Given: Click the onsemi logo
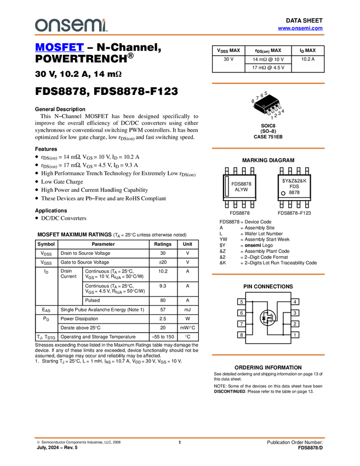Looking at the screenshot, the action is pyautogui.click(x=71, y=25).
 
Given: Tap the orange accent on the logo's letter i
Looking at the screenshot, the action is pyautogui.click(x=104, y=19).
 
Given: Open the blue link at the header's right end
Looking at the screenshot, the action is pyautogui.click(x=300, y=29).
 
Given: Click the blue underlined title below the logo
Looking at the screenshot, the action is pyautogui.click(x=59, y=48).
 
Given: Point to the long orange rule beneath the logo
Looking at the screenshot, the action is pyautogui.click(x=180, y=35).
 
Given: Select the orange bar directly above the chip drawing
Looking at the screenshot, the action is pyautogui.click(x=268, y=83).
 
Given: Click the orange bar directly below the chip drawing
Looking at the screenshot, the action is pyautogui.click(x=268, y=148).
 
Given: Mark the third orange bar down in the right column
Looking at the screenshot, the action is pyautogui.click(x=268, y=274).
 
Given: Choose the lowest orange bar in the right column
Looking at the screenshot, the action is pyautogui.click(x=268, y=355).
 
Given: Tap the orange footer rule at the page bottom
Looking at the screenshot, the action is pyautogui.click(x=180, y=438).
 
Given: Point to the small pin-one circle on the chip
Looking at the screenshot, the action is pyautogui.click(x=264, y=106).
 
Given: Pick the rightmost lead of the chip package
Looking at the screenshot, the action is pyautogui.click(x=280, y=107).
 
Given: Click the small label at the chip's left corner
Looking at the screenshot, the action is pyautogui.click(x=253, y=106).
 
